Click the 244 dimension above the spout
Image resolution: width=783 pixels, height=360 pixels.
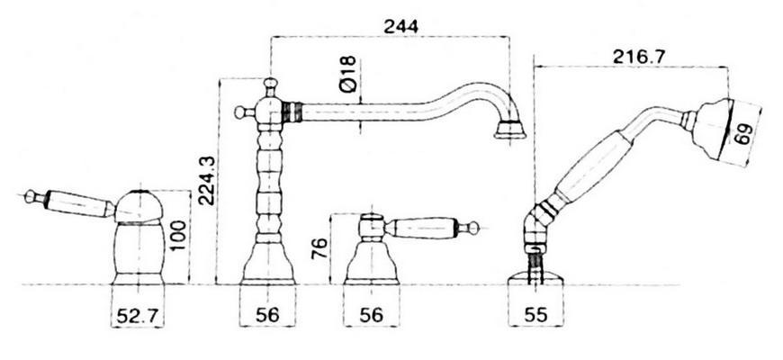coord(400,26)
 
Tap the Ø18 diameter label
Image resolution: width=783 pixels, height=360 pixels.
coord(347,74)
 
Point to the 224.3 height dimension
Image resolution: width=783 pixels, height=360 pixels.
coord(206,181)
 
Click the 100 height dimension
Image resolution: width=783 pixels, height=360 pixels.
coord(177,235)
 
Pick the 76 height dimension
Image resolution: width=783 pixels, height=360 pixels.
coord(319,248)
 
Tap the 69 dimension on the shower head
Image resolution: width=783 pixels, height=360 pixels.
coord(743,135)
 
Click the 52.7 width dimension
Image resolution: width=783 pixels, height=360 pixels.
coord(138,316)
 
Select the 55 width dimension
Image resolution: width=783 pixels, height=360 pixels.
coord(535,315)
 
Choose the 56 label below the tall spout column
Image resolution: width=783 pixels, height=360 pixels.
coord(267,315)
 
